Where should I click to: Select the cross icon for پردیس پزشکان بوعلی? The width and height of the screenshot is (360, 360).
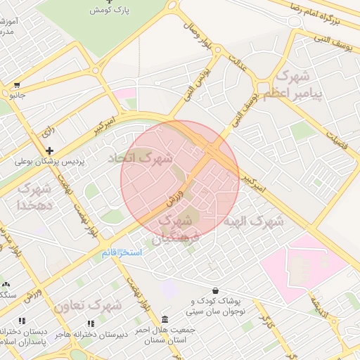click(x=50, y=150)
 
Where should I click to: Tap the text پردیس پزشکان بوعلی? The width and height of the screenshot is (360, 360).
click(x=50, y=161)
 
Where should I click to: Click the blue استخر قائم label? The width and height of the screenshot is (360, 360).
click(x=122, y=252)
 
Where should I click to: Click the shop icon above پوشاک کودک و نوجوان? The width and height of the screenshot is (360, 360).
click(x=214, y=290)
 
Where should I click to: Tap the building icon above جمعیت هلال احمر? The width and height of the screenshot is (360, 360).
click(x=165, y=319)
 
